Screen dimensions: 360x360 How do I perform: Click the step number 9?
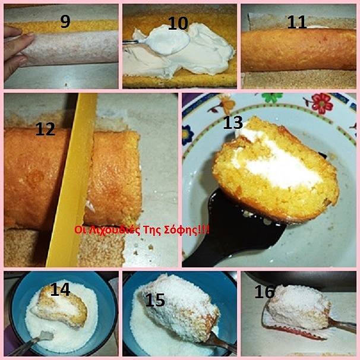(65, 22)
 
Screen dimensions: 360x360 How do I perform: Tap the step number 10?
(178, 23)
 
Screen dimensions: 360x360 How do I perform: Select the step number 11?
(297, 22)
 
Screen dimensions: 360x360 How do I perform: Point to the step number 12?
(45, 129)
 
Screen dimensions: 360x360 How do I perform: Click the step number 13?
(233, 122)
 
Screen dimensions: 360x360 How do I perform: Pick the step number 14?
(60, 289)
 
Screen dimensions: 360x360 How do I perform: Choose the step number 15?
(155, 300)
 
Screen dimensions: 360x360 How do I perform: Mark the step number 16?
(264, 292)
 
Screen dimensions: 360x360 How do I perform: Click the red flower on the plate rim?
(321, 103)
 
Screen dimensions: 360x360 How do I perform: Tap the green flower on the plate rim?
(272, 97)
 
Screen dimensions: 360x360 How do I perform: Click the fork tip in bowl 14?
(46, 336)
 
